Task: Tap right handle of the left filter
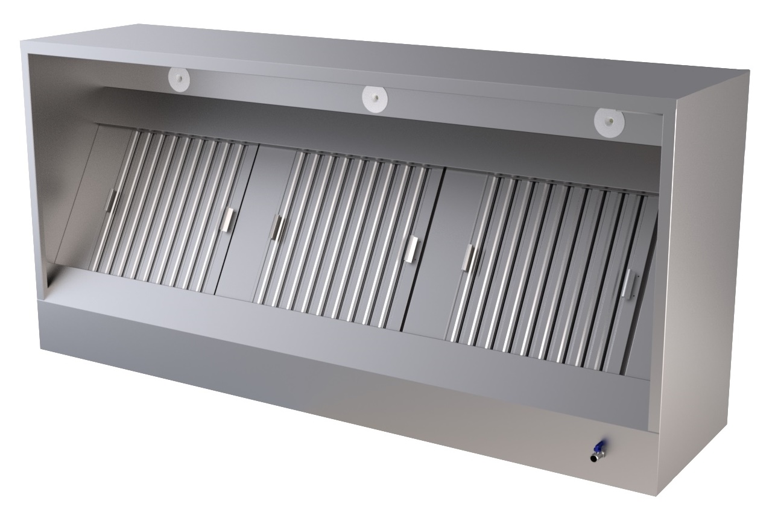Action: click(x=228, y=219)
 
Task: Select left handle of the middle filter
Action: click(x=277, y=227)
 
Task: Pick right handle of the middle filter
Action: click(x=413, y=248)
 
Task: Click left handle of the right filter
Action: click(x=468, y=257)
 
